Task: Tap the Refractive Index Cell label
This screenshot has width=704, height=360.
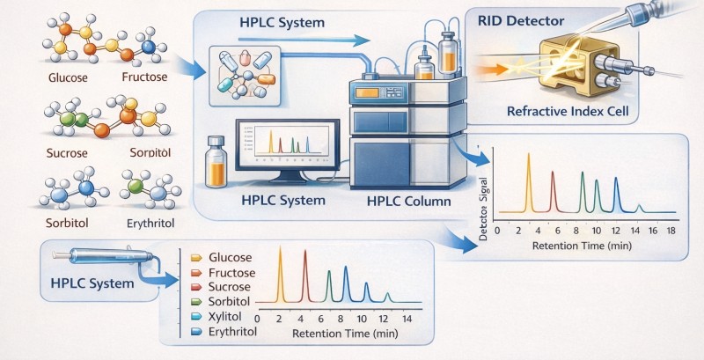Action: point(568,111)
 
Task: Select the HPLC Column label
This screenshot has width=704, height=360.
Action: point(408,201)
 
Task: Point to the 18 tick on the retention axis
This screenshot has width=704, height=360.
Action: point(671,231)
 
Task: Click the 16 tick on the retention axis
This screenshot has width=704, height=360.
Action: point(653,231)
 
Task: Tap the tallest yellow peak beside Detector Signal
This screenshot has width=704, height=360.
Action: point(529,182)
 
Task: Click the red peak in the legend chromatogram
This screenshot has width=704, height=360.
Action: point(305,276)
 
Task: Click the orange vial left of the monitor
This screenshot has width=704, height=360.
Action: point(216,162)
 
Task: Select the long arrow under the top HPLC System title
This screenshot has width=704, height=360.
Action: point(306,40)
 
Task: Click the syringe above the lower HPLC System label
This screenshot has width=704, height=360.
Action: point(104,256)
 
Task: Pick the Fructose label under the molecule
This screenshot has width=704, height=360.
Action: point(144,77)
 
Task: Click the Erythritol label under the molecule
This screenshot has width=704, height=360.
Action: point(150,223)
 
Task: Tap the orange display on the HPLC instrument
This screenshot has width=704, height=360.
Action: point(367,93)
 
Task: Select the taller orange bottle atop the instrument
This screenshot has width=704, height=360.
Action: point(448,53)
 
